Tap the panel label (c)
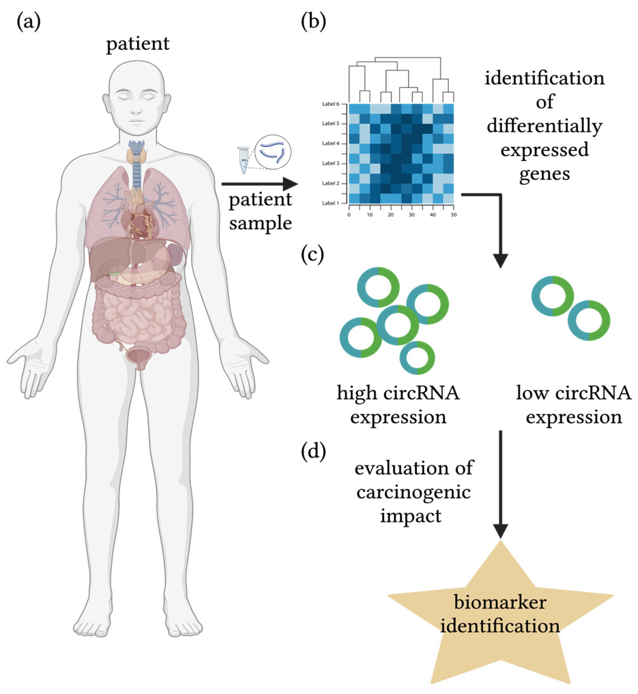click(312, 255)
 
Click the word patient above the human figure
click(138, 44)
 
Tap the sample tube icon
click(244, 160)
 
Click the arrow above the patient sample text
click(260, 184)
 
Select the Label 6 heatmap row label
click(331, 104)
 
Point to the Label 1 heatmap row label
click(331, 203)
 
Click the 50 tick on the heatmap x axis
click(454, 215)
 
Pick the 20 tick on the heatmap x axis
click(391, 215)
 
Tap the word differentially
click(544, 127)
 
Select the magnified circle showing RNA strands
click(273, 152)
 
